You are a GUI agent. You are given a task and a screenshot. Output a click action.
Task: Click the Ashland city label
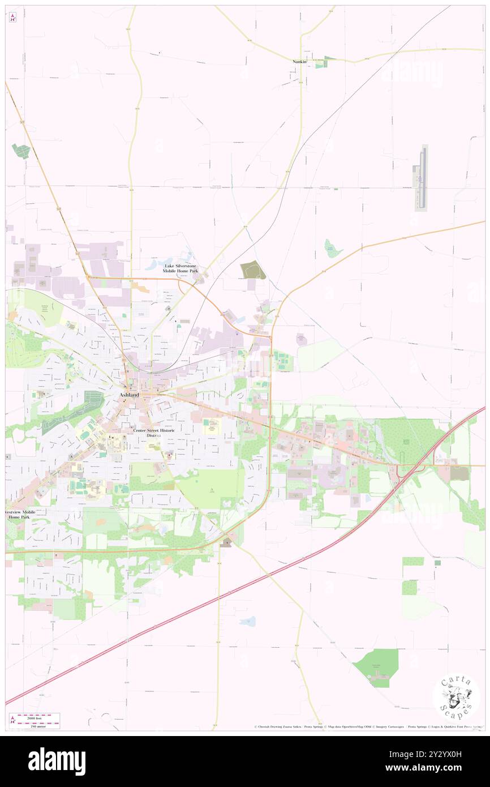pos(129,395)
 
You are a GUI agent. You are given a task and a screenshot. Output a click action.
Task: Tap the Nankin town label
pos(299,61)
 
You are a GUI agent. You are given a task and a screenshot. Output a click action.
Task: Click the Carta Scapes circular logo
pos(456,696)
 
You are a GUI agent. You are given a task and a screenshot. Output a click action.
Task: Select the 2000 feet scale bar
pos(38,716)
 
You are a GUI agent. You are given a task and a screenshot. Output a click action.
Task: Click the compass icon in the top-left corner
pos(13,18)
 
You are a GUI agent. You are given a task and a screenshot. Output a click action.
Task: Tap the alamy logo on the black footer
pos(57,762)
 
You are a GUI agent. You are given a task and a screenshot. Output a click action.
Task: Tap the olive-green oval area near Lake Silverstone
pos(253,271)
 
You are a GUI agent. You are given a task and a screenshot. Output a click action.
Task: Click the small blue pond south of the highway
pos(247,621)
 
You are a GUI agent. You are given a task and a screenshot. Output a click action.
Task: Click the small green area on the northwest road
pos(21,151)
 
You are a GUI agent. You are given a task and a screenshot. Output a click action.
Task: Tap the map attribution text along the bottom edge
pos(368,726)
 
